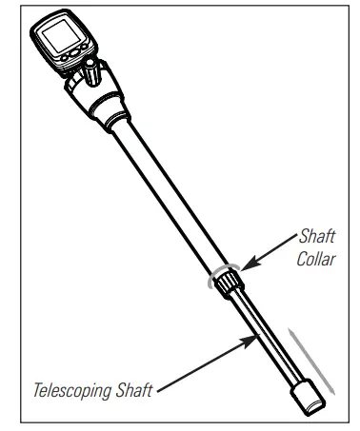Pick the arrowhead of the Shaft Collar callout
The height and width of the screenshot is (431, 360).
[246, 268]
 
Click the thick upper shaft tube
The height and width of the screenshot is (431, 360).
[167, 190]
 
